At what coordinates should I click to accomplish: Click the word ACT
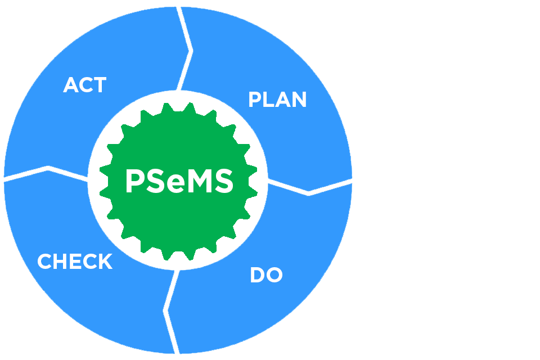84,85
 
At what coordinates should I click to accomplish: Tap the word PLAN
277,100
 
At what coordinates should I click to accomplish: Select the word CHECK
75,262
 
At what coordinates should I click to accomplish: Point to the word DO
266,276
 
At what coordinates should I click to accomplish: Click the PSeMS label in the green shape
179,182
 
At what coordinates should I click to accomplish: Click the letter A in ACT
70,85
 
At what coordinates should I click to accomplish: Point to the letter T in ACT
100,85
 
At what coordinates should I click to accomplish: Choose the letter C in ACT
85,85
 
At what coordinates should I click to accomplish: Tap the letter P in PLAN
255,100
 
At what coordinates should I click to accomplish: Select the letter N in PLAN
298,100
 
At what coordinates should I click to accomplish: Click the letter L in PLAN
269,100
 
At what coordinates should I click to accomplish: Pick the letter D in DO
257,276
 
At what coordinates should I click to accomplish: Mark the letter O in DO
274,276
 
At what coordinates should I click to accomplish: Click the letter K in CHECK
105,262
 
